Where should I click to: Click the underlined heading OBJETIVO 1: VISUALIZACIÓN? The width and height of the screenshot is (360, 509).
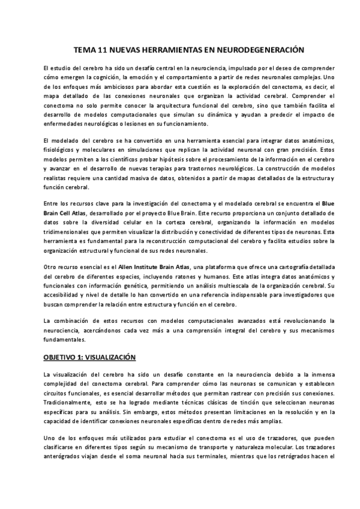(x=90, y=357)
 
